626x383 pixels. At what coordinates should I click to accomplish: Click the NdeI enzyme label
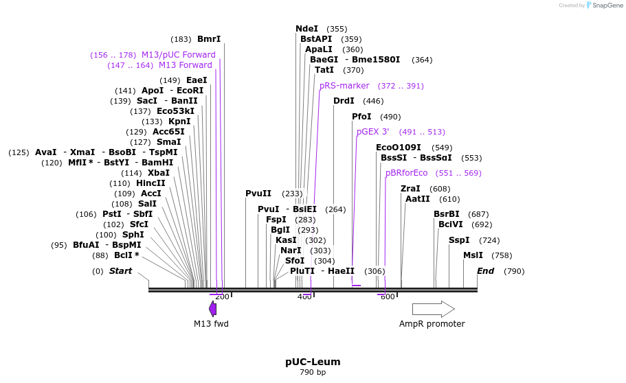tap(306, 29)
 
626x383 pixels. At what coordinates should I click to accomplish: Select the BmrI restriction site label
tap(209, 39)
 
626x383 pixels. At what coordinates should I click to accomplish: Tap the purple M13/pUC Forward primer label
tap(179, 55)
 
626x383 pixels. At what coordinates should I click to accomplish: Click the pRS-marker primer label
tap(344, 86)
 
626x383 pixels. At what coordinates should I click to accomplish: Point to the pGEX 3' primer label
tap(372, 132)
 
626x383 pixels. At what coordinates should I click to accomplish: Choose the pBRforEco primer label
tap(406, 173)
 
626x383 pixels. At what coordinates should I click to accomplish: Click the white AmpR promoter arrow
tap(433, 309)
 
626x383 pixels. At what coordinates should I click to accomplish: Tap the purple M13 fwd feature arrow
tap(213, 309)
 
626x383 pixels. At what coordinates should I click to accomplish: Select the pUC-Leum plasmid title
tap(313, 362)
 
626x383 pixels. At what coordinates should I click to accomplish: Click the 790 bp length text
tap(313, 373)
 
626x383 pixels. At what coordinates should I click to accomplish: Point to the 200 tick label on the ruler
tap(222, 297)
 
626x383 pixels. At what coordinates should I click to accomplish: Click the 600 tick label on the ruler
tap(388, 297)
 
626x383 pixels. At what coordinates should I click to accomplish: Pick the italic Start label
tap(120, 271)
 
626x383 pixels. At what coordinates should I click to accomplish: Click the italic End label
tap(485, 271)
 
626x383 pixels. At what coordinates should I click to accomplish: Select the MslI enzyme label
tap(473, 255)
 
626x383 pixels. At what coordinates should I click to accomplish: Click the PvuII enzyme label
tap(258, 194)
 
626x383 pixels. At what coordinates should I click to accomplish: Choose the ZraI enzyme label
tap(410, 189)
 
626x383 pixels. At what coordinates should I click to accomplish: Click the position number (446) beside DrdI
tap(373, 101)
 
